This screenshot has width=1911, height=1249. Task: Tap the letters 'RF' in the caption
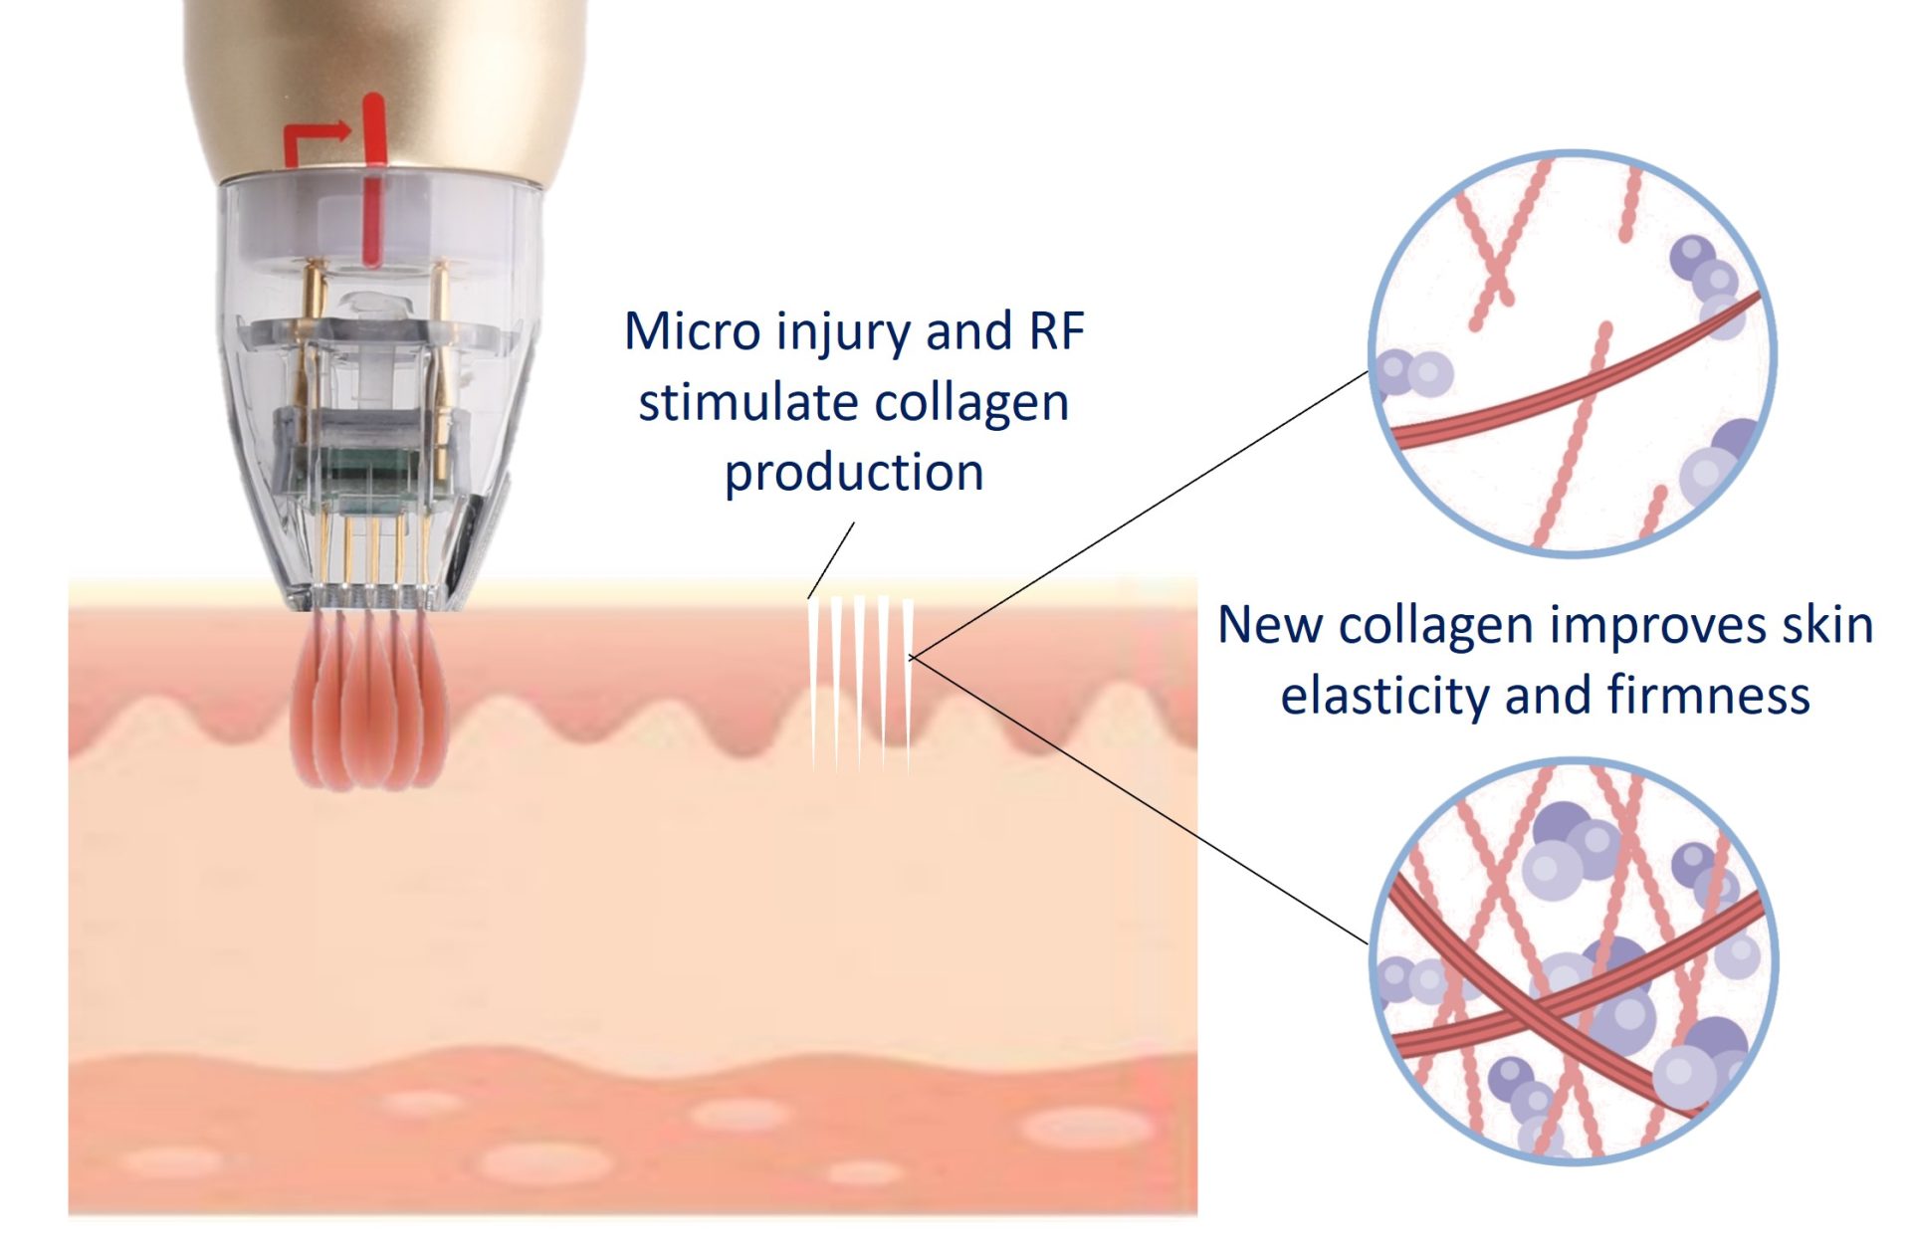1056,331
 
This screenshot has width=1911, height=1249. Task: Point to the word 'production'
853,472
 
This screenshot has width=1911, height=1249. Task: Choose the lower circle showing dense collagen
1572,960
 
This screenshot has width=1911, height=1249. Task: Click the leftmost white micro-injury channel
813,677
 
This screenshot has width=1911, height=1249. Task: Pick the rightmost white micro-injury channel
908,677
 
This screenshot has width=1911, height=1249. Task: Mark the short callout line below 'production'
831,559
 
